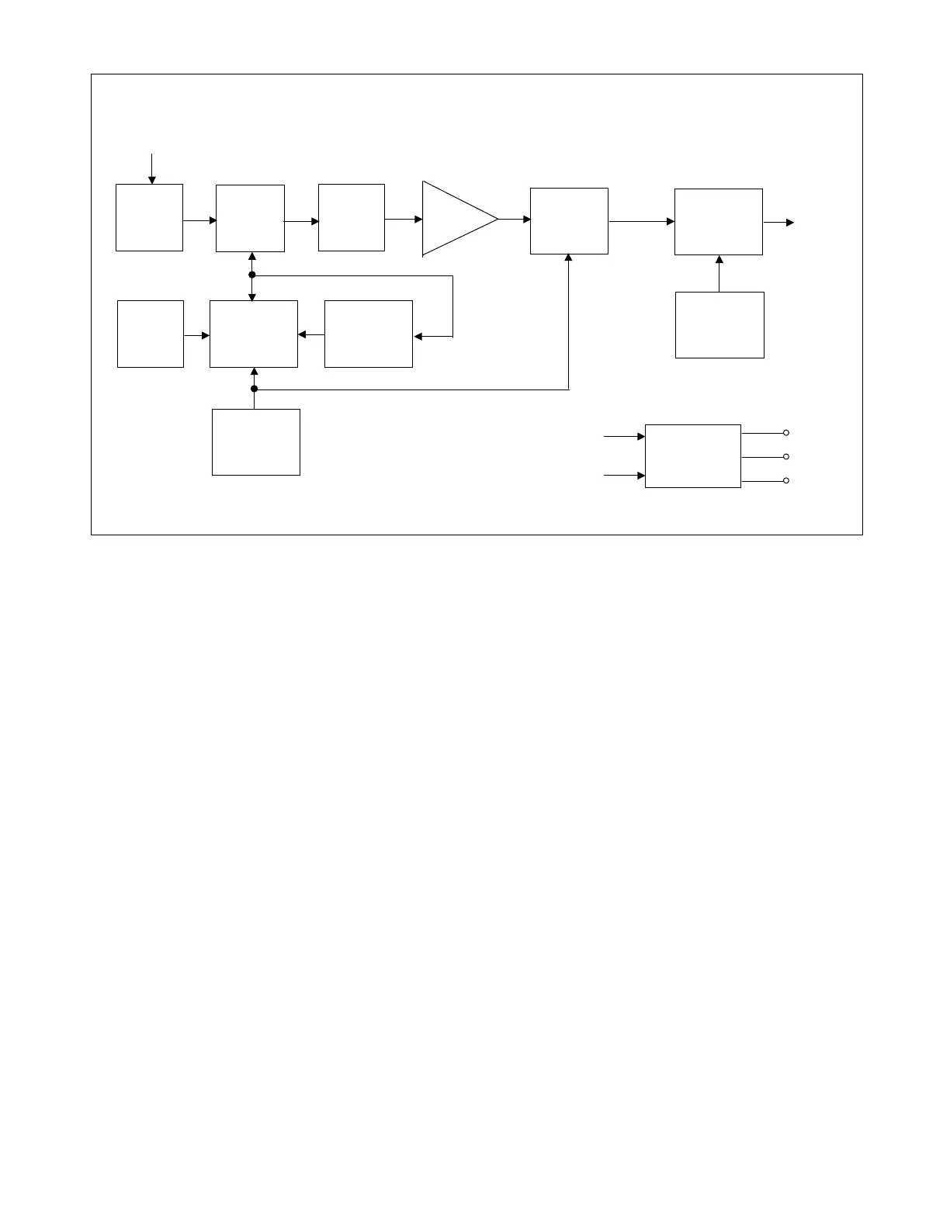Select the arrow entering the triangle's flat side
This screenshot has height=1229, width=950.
(404, 220)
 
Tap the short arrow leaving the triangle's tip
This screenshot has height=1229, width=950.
(514, 220)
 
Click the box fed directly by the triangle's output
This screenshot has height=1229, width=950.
(569, 221)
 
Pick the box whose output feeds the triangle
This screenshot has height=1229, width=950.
(352, 217)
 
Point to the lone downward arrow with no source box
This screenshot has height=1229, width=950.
(152, 169)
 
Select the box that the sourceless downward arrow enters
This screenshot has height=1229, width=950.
(149, 217)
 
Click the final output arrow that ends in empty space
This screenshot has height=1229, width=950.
(778, 223)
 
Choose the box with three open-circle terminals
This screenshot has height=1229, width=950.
(693, 456)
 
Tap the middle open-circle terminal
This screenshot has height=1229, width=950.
(786, 457)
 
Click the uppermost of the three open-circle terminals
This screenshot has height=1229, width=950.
(786, 433)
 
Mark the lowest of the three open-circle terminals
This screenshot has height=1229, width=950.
(786, 481)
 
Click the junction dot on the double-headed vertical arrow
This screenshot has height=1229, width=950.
(252, 275)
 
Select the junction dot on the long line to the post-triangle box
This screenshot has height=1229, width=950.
(254, 389)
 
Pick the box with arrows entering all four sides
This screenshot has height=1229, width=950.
(254, 334)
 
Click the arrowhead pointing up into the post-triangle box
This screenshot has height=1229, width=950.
(569, 258)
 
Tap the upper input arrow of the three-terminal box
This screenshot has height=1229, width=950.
(624, 437)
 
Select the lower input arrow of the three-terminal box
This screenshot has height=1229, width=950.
(624, 476)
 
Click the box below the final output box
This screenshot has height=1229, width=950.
(719, 325)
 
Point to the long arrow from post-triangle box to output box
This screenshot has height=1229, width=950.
(641, 222)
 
